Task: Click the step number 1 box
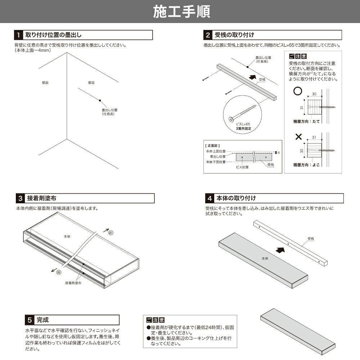(x=18, y=35)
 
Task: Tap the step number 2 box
(x=208, y=35)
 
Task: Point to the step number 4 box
(x=210, y=198)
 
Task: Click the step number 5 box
(x=30, y=320)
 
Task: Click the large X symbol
(x=298, y=137)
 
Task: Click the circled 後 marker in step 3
(x=58, y=273)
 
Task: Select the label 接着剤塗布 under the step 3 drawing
(x=73, y=283)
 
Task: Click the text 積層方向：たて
(x=306, y=122)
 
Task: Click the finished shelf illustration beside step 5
(x=297, y=330)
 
